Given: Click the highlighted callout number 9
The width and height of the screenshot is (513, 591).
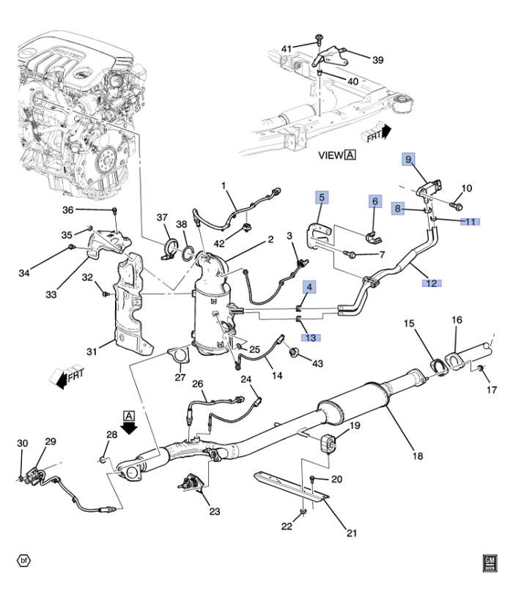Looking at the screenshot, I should click(408, 159).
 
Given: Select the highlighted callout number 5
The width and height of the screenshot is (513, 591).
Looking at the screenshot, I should click(322, 197).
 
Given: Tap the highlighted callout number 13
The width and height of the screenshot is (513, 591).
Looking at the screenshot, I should click(311, 338).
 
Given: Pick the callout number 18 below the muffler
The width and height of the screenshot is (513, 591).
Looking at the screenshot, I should click(417, 456).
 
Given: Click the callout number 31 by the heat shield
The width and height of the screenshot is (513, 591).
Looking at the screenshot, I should click(92, 352).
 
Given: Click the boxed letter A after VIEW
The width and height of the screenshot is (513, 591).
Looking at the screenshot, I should click(350, 155).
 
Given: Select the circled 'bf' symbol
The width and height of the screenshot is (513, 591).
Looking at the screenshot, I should click(25, 562).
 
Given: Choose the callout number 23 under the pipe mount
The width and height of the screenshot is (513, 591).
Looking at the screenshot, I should click(214, 511).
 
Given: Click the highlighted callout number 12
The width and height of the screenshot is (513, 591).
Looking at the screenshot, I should click(432, 282).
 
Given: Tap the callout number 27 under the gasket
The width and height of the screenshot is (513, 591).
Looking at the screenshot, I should click(180, 378).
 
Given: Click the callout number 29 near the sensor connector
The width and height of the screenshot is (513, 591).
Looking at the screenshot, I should click(50, 442).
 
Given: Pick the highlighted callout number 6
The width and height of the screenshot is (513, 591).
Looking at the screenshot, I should click(374, 201).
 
